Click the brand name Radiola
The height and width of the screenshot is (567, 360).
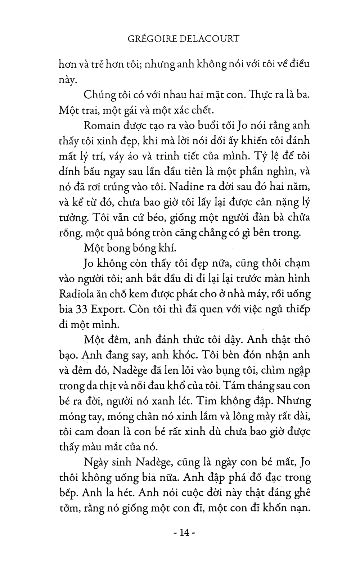coord(76,294)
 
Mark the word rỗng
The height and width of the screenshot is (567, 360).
coord(69,233)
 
